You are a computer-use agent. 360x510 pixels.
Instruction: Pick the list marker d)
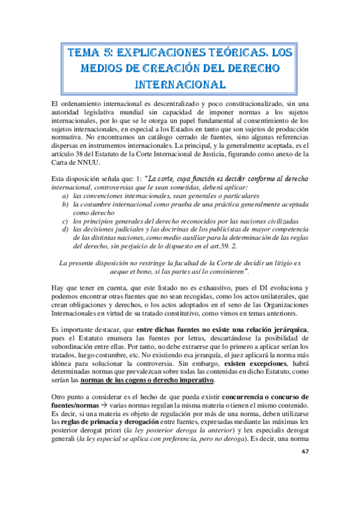click(x=66, y=229)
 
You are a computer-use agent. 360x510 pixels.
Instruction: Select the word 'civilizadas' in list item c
click(x=279, y=221)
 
